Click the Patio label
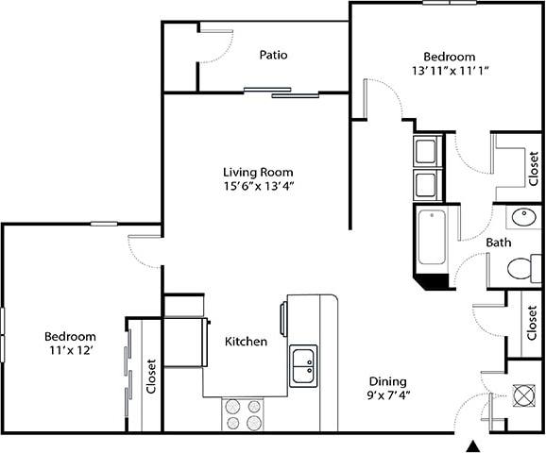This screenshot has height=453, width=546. click(273, 55)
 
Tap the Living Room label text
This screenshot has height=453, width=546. click(258, 172)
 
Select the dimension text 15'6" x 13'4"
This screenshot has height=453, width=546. click(258, 186)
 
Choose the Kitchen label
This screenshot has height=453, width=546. click(246, 341)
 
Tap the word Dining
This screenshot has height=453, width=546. click(387, 381)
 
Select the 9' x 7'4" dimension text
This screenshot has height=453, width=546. click(387, 395)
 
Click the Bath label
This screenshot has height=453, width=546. click(499, 243)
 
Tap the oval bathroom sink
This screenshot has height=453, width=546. click(520, 219)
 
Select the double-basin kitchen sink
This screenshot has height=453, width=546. click(303, 365)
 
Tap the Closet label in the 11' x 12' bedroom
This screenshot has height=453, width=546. click(150, 377)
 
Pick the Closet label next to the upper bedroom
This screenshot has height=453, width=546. click(534, 169)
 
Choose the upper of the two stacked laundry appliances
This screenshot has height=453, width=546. click(424, 151)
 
